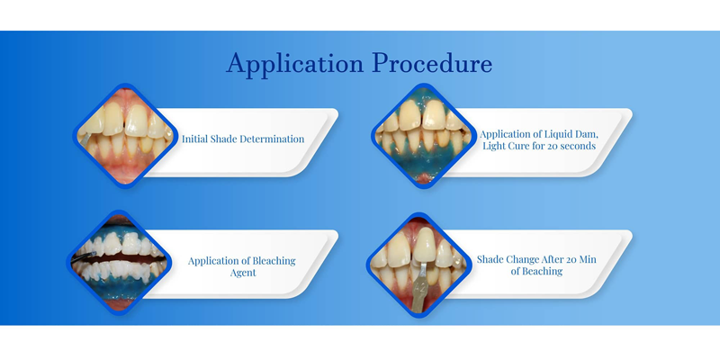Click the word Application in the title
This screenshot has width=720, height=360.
point(295,64)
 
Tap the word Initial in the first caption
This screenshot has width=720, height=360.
point(194,139)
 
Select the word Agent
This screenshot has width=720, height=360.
point(242,273)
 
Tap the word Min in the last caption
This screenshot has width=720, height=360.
point(588,259)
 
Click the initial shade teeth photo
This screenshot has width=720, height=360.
point(125,136)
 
